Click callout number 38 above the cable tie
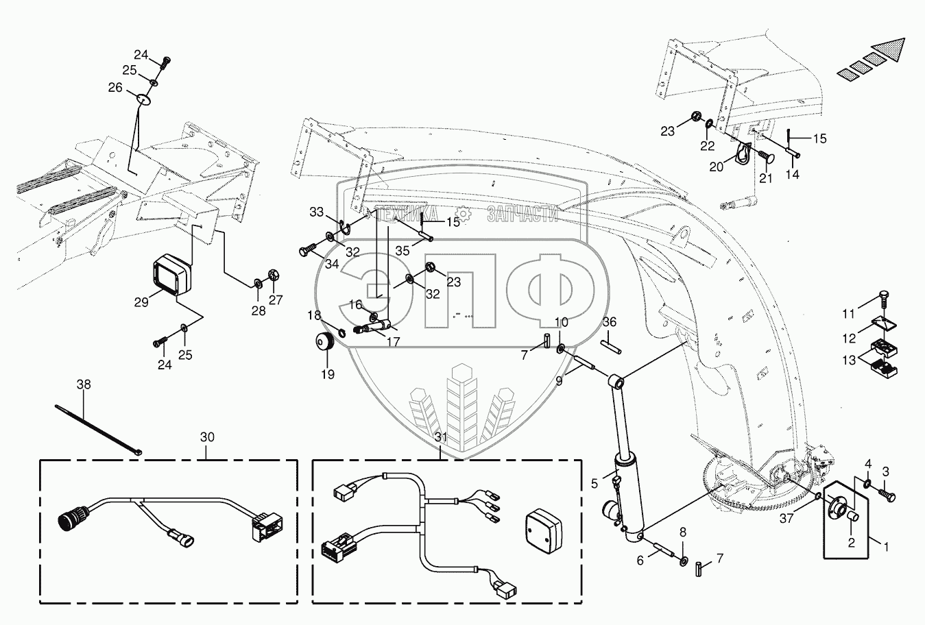83,385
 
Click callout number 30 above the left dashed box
206,437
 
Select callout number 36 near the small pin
610,322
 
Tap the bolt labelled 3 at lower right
888,491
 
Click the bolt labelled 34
308,251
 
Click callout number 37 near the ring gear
786,519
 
